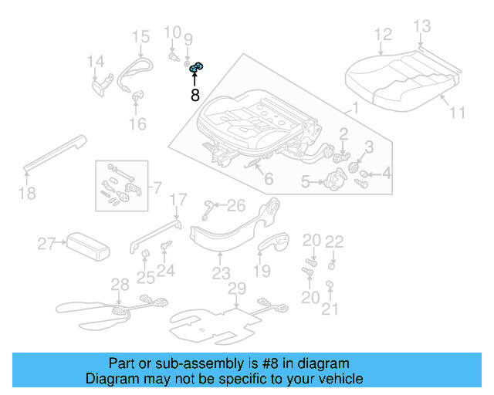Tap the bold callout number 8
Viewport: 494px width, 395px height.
195,96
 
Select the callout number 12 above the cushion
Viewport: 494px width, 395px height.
383,34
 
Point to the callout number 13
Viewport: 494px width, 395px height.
421,27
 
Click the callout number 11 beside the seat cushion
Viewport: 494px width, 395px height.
457,113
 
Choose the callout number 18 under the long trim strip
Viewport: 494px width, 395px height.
27,193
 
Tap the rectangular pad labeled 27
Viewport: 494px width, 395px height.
85,245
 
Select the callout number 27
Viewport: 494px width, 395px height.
47,245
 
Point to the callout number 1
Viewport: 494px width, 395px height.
355,108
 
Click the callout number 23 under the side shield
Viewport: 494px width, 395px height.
222,273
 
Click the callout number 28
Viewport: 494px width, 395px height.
120,285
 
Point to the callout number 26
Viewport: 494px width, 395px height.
236,204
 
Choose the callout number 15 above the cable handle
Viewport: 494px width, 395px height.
140,36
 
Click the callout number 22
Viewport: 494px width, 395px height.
333,241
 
